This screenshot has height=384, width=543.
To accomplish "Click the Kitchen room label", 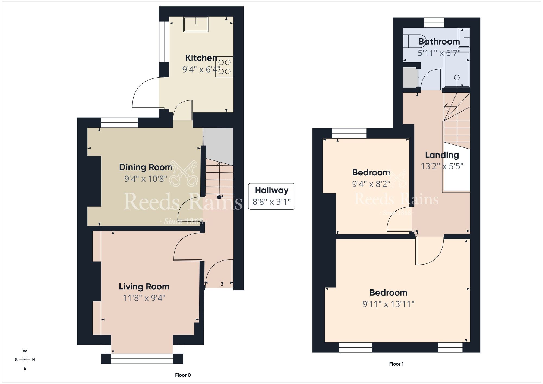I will (201, 58).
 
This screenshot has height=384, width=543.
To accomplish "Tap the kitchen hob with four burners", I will (224, 67).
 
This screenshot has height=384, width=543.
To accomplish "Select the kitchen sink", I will (196, 24).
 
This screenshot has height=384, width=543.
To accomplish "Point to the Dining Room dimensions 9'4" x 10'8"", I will (146, 179).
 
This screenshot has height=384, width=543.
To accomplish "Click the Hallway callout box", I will (271, 196).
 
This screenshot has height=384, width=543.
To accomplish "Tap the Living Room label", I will (144, 287).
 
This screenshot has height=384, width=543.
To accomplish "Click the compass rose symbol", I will (25, 360).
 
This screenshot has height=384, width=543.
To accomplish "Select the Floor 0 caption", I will (183, 375).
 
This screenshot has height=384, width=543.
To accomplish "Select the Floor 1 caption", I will (396, 364).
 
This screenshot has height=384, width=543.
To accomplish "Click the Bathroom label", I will (439, 42).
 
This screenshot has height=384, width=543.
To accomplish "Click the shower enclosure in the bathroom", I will (457, 70).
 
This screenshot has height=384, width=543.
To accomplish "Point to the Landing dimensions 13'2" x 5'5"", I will (442, 166).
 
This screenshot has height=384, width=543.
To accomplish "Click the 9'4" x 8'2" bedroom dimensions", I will (371, 184).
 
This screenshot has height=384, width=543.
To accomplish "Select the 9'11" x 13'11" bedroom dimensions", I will (388, 304).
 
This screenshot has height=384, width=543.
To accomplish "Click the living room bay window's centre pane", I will (142, 358).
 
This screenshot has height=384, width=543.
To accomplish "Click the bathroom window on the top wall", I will (434, 23).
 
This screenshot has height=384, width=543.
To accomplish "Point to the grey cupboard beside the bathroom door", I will (410, 78).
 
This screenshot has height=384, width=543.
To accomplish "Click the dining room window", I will (119, 123).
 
